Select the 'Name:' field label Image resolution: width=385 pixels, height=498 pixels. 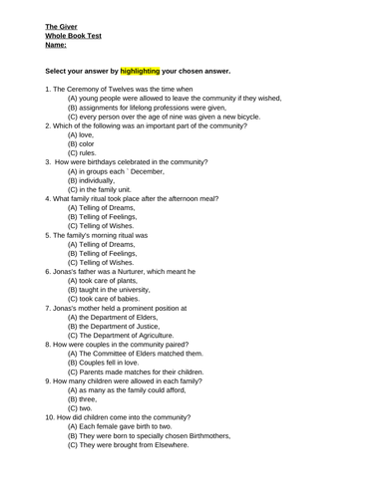(x=58, y=46)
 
